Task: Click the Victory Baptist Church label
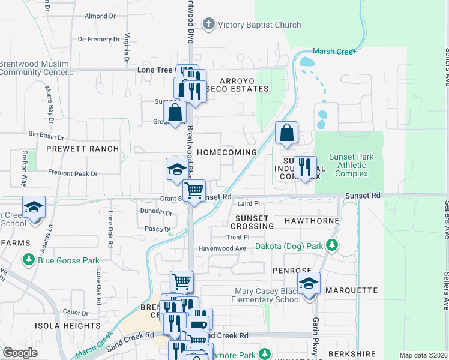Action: pyautogui.click(x=259, y=25)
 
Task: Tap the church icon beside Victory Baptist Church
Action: pyautogui.click(x=208, y=25)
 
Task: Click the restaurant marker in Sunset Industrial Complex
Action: pyautogui.click(x=305, y=167)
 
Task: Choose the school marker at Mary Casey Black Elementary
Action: pyautogui.click(x=309, y=283)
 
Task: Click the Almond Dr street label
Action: pyautogui.click(x=100, y=16)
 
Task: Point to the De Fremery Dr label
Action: pyautogui.click(x=99, y=40)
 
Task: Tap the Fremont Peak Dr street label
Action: pyautogui.click(x=73, y=173)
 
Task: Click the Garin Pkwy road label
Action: pyautogui.click(x=315, y=337)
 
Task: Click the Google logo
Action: pyautogui.click(x=20, y=353)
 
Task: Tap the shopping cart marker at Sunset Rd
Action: pyautogui.click(x=194, y=191)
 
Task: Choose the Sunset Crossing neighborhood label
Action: pyautogui.click(x=254, y=221)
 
